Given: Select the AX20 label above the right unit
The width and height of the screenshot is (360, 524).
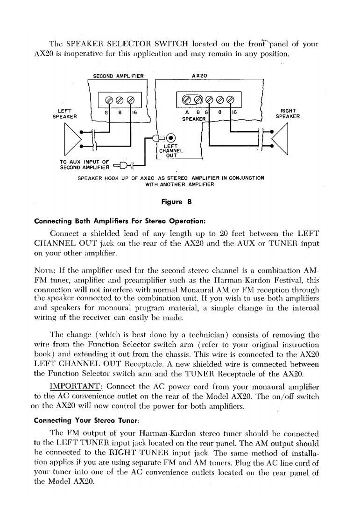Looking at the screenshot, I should (199, 75).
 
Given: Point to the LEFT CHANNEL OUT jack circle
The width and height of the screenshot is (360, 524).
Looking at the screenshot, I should (171, 137).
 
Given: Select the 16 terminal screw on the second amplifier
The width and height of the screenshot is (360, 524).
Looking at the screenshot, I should (130, 99).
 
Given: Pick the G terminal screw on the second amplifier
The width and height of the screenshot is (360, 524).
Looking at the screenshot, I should (108, 99).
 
